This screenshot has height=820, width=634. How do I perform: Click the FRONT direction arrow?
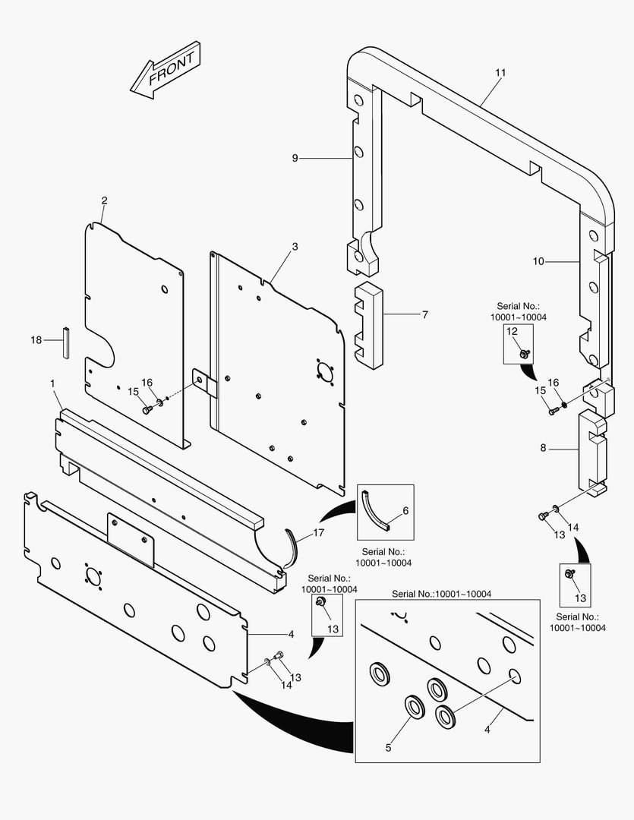[166, 71]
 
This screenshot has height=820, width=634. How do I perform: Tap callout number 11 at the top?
[500, 73]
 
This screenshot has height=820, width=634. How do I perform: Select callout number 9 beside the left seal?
[295, 158]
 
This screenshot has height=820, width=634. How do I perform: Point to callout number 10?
[538, 261]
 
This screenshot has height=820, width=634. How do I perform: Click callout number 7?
[424, 314]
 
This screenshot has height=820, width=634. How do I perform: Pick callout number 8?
[543, 448]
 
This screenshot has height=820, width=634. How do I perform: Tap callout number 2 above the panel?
[104, 200]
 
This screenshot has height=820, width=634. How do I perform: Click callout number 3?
[295, 247]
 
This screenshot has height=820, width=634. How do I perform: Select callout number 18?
[36, 340]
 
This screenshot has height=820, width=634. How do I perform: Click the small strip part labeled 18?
[65, 342]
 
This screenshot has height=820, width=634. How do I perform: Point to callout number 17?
[318, 533]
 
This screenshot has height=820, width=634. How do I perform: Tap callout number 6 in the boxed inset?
[405, 511]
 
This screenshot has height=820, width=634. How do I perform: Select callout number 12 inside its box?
[512, 331]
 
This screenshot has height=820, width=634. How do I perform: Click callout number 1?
[52, 384]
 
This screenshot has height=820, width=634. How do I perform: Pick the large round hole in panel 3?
[323, 372]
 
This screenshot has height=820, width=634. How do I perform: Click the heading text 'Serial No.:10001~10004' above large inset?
[441, 593]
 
